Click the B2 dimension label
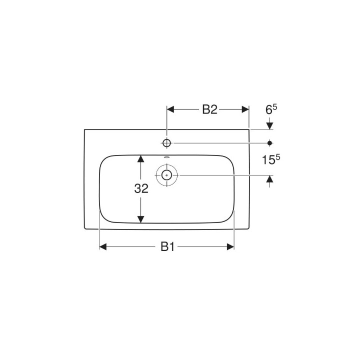click(209, 110)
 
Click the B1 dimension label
click(167, 246)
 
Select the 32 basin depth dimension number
click(141, 189)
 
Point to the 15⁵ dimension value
click(271, 159)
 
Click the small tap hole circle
click(167, 143)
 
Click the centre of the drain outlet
click(166, 175)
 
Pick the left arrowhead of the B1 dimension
click(103, 246)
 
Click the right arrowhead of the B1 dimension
click(230, 246)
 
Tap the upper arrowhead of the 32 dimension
click(141, 159)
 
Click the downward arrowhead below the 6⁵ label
click(270, 125)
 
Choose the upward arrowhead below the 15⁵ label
click(270, 179)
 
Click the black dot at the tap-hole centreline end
click(270, 143)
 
